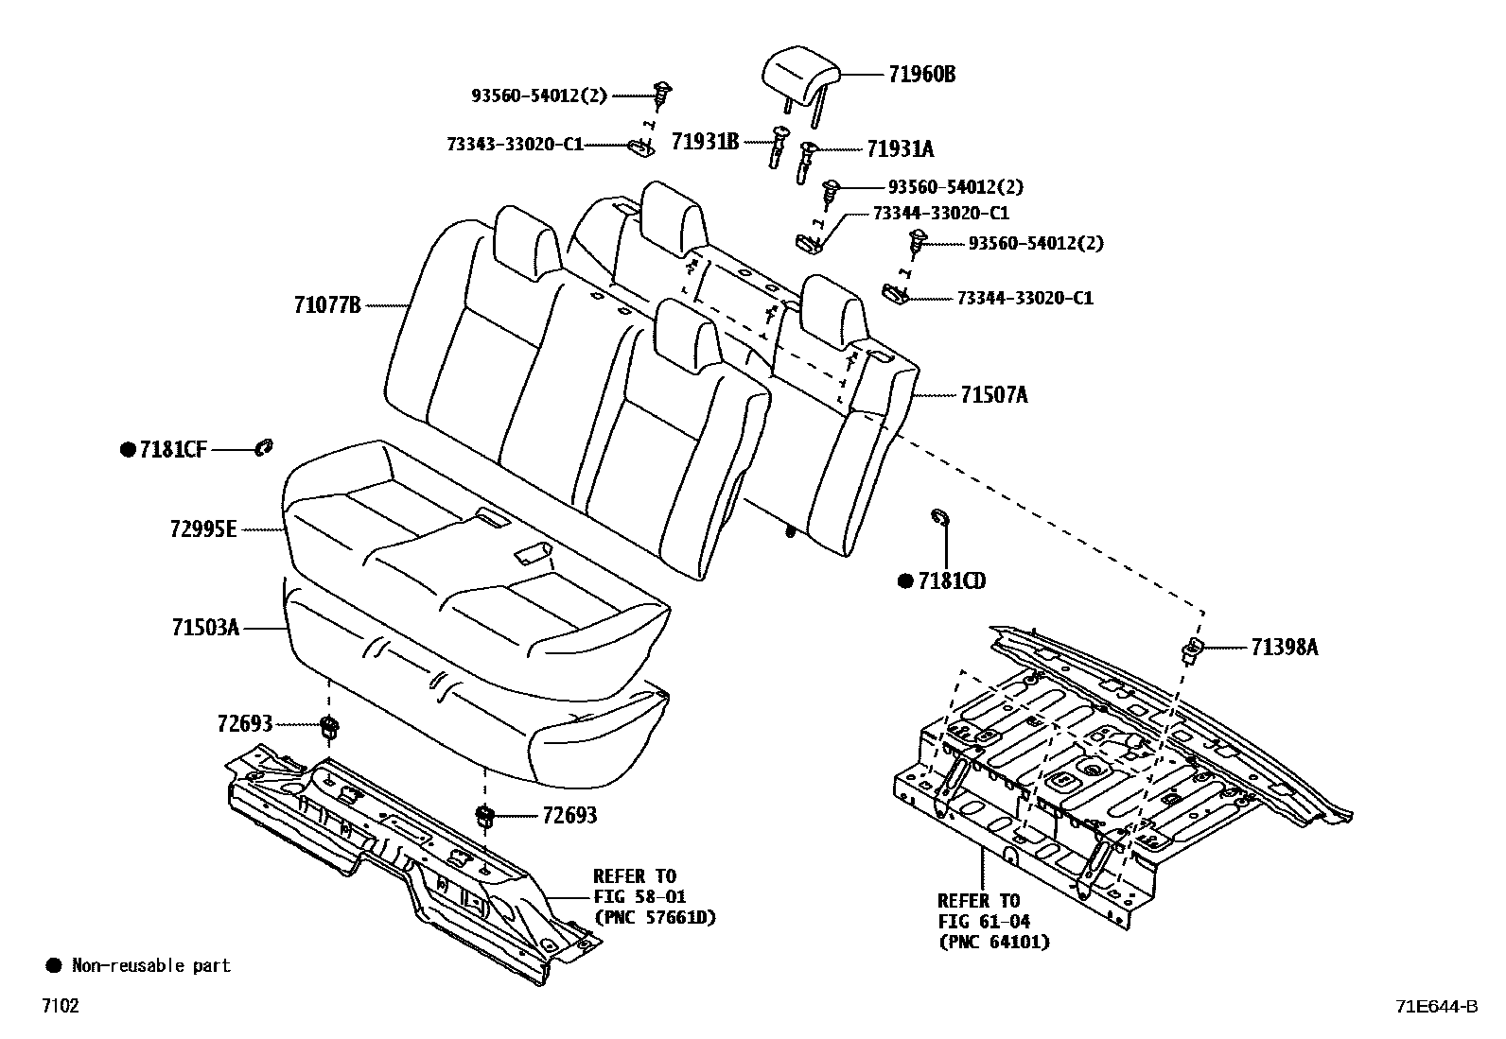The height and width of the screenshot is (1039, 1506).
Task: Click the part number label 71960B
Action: tap(920, 75)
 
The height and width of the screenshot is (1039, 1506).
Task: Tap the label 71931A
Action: tap(899, 148)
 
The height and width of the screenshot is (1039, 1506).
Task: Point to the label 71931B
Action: tap(705, 142)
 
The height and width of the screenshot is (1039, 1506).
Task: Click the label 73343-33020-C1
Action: tap(515, 144)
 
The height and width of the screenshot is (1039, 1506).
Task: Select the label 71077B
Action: tap(327, 305)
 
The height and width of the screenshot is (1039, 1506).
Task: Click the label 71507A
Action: tap(993, 395)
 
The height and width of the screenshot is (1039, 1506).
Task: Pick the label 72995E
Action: tap(203, 529)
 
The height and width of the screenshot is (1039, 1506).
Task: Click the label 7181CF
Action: tap(173, 451)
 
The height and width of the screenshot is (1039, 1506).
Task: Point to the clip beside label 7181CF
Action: tap(264, 447)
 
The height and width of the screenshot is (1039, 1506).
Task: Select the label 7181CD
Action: tap(951, 581)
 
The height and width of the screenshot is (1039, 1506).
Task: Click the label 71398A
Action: tap(1284, 648)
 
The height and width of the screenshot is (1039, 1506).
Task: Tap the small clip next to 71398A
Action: tap(1193, 649)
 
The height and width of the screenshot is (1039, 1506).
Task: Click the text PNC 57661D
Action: tap(654, 917)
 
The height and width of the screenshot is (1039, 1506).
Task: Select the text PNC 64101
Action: tap(993, 942)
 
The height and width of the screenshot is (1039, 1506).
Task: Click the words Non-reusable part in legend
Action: tap(150, 965)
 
